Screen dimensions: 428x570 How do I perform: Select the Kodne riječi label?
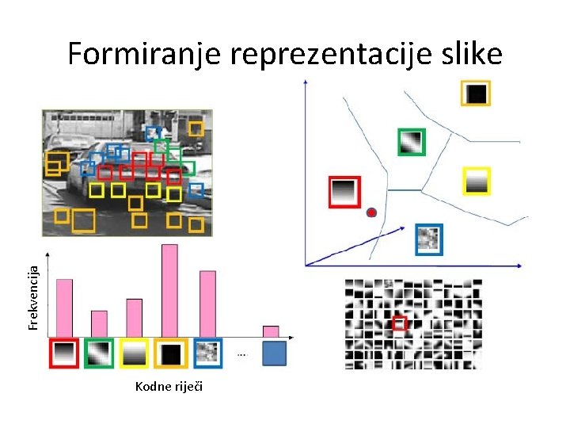tap(169, 386)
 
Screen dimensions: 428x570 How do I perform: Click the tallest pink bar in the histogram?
tap(169, 290)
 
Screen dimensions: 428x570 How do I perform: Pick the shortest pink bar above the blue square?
tap(271, 331)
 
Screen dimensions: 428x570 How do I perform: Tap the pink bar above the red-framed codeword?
tap(64, 308)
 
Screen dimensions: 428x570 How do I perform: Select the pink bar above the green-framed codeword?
tap(99, 323)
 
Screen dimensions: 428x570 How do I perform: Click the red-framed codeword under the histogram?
tap(64, 353)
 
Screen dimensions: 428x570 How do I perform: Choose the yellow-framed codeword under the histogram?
tap(134, 353)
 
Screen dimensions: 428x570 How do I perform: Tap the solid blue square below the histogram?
tap(273, 353)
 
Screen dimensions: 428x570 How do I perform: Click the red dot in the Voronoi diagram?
tap(371, 212)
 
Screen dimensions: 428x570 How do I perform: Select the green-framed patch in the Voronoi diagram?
tap(411, 143)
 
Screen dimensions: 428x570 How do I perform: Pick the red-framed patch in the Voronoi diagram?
tap(344, 193)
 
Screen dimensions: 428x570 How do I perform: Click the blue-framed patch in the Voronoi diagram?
tap(429, 239)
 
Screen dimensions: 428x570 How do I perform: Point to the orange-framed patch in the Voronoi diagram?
tap(476, 94)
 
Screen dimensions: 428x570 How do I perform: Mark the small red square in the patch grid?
tap(400, 323)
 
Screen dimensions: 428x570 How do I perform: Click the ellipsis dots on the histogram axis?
tap(241, 354)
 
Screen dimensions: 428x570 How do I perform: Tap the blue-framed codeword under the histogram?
tap(207, 353)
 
